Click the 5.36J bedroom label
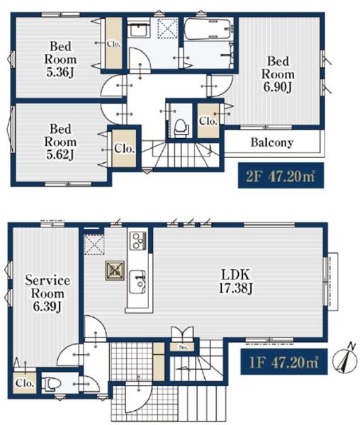click(x=60, y=59)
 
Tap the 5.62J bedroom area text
click(x=60, y=142)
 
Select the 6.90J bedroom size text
click(x=277, y=74)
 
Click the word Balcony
click(x=272, y=142)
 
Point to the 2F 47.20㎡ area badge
click(x=281, y=176)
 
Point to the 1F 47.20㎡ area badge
click(x=284, y=362)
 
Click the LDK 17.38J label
click(x=235, y=281)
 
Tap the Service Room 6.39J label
click(x=47, y=293)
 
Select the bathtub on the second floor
click(x=209, y=29)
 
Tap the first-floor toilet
click(x=50, y=383)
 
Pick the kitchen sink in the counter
click(x=137, y=281)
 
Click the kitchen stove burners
click(x=138, y=241)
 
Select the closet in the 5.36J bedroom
click(x=113, y=43)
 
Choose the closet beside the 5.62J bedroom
click(x=124, y=148)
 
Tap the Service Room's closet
click(x=25, y=382)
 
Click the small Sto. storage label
click(x=183, y=347)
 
